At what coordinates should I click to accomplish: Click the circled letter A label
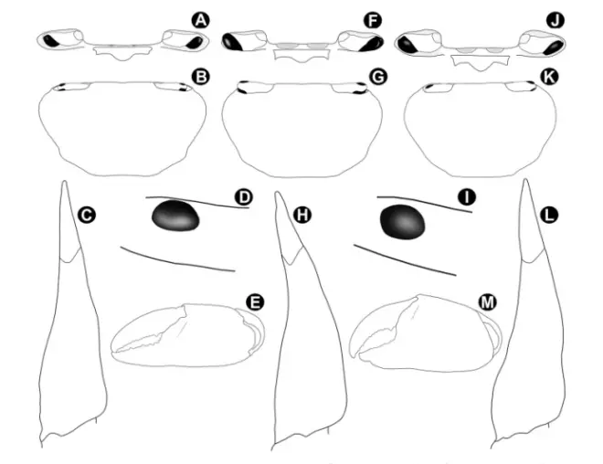click(x=200, y=20)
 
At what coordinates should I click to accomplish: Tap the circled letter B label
click(x=201, y=77)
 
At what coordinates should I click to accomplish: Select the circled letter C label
click(x=87, y=215)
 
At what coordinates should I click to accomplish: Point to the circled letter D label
click(x=243, y=197)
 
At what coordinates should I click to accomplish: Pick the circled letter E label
click(x=255, y=302)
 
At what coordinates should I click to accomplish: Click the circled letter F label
click(x=373, y=20)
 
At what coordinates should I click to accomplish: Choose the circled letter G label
click(x=377, y=77)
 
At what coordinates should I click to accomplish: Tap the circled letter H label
click(x=302, y=215)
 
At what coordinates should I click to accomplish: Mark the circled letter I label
click(x=467, y=197)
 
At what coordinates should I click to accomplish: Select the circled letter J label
click(x=555, y=20)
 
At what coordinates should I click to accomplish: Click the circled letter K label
click(x=549, y=77)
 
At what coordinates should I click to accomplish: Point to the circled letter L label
click(x=549, y=215)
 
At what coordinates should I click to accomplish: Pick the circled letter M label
click(x=488, y=302)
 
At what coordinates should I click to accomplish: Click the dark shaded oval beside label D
click(x=175, y=216)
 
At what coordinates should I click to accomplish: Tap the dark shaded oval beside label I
click(x=403, y=222)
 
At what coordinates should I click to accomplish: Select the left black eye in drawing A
click(x=51, y=41)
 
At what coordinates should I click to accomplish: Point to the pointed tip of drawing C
click(x=65, y=182)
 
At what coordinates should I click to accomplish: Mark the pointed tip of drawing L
click(x=525, y=180)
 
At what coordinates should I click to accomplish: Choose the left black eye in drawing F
click(x=233, y=42)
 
